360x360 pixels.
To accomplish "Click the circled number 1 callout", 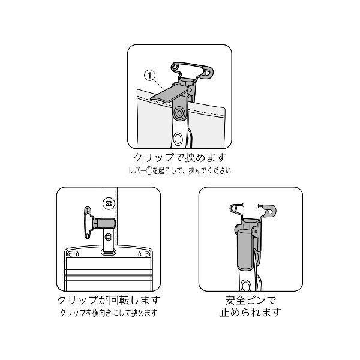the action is [x=149, y=76].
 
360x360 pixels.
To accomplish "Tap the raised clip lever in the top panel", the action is [x=169, y=93].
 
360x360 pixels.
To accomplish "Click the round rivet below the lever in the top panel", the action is [x=179, y=113].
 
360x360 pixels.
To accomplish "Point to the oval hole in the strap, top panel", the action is [x=178, y=139].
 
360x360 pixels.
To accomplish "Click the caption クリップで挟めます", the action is [x=180, y=157].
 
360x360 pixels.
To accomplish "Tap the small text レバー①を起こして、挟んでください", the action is [x=180, y=170].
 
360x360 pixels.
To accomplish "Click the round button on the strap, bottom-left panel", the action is [x=109, y=203].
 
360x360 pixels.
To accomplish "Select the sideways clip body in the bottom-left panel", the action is [x=104, y=223].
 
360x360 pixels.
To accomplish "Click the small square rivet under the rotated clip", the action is [x=108, y=236].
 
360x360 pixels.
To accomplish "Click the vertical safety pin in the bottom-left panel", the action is [x=88, y=222].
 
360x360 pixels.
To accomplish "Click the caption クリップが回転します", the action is [x=109, y=300].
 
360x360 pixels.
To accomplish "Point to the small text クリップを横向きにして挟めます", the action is [x=109, y=313].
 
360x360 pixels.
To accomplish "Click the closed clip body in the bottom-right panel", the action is [x=245, y=250].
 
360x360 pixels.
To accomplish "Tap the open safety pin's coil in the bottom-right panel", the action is [x=233, y=208].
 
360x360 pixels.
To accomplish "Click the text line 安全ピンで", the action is [x=250, y=300].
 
